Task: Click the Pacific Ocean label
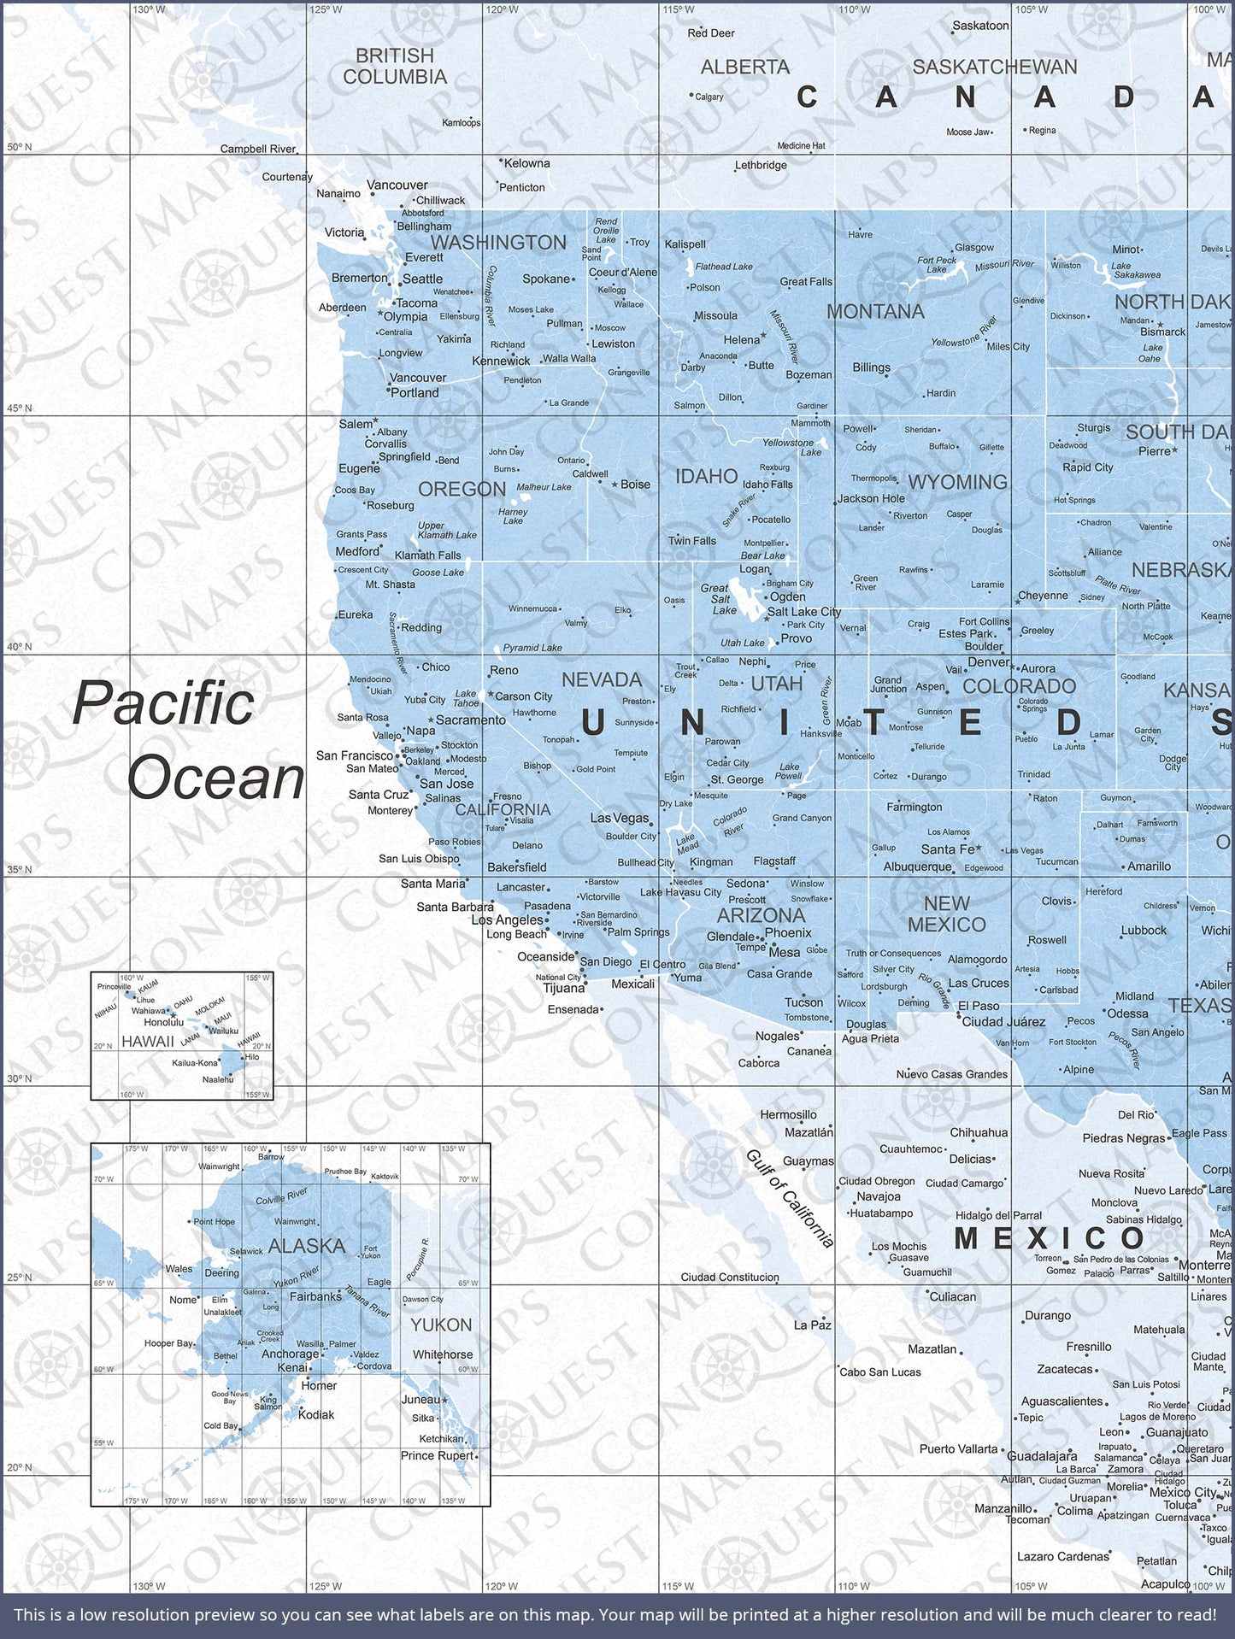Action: (x=188, y=740)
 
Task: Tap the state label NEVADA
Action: (x=602, y=679)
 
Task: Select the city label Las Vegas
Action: (x=620, y=818)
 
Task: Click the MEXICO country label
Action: (x=1050, y=1237)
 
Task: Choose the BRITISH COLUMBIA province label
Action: (x=395, y=66)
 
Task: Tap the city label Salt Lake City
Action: (x=803, y=612)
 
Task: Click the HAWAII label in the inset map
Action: (x=147, y=1041)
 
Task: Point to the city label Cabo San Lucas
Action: (x=880, y=1372)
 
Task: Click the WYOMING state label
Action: (x=957, y=482)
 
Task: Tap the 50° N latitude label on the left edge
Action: (x=19, y=147)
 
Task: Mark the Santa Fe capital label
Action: (x=947, y=849)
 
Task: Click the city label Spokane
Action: (x=546, y=279)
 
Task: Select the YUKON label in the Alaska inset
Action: (x=440, y=1325)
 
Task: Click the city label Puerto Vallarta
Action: (x=958, y=1448)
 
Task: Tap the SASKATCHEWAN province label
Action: (x=995, y=67)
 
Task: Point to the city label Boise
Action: (x=635, y=484)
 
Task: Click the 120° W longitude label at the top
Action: (x=501, y=9)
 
